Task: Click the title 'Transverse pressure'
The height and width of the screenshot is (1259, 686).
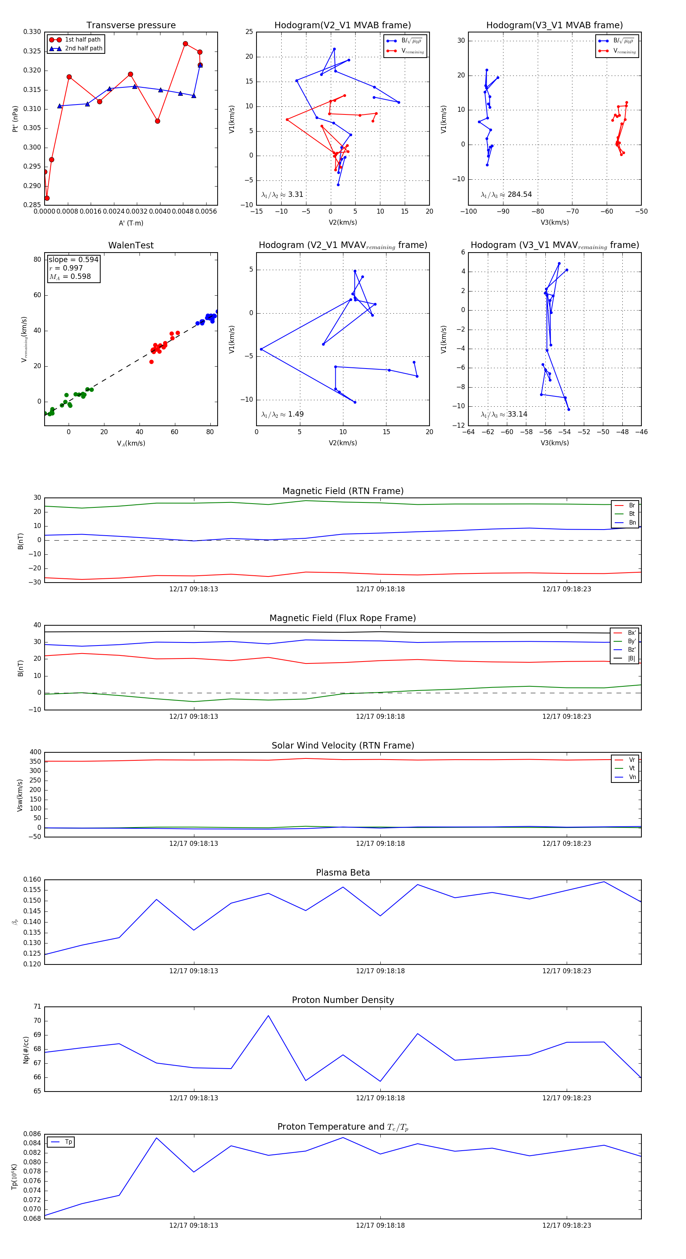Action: click(x=131, y=26)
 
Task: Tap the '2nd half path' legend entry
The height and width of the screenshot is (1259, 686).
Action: click(x=83, y=48)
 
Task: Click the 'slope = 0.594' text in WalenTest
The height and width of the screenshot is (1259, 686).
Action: click(x=73, y=259)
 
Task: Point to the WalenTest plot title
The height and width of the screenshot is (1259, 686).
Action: click(x=131, y=245)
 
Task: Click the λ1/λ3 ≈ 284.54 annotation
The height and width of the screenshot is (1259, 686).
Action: click(x=506, y=195)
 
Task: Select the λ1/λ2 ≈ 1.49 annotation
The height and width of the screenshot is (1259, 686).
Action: click(x=282, y=414)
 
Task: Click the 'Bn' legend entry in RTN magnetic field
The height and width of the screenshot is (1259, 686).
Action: click(x=632, y=522)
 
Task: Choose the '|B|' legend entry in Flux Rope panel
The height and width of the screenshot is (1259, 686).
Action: click(x=632, y=658)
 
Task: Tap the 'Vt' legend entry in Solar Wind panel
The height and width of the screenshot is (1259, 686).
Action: click(x=632, y=768)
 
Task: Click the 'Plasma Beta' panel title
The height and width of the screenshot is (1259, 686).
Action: click(x=343, y=873)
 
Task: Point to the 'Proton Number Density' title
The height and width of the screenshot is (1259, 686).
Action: click(x=343, y=1000)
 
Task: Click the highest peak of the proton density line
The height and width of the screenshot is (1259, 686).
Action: click(x=268, y=1016)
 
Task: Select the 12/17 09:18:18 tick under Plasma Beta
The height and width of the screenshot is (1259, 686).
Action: click(x=380, y=971)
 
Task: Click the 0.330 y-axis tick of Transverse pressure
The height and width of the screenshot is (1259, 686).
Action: click(x=32, y=32)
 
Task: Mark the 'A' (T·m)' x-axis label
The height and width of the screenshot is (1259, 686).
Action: click(x=131, y=223)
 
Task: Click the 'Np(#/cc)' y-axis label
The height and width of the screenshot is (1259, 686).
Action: click(x=26, y=1050)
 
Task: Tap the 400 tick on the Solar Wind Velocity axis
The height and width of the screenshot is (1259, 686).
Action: click(x=35, y=752)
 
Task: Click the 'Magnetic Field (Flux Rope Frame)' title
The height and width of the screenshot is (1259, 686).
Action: click(x=343, y=618)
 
